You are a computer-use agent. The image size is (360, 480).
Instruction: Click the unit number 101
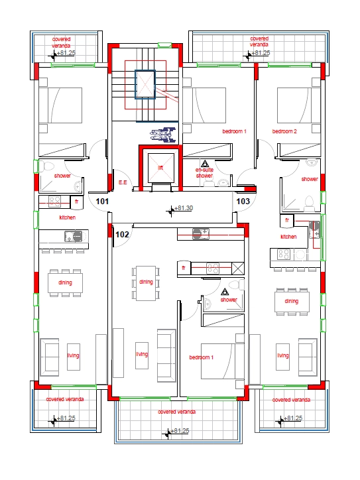pyautogui.click(x=101, y=200)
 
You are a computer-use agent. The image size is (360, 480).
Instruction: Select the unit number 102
pyautogui.click(x=122, y=234)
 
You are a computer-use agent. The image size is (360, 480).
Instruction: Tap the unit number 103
pyautogui.click(x=243, y=200)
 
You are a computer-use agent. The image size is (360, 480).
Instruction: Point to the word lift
pyautogui.click(x=160, y=168)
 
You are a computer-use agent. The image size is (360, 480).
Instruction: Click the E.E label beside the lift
pyautogui.click(x=123, y=182)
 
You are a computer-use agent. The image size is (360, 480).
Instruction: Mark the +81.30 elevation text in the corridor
pyautogui.click(x=183, y=208)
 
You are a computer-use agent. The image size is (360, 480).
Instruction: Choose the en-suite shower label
pyautogui.click(x=204, y=172)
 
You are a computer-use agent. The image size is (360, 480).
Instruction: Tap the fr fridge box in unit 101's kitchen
pyautogui.click(x=77, y=201)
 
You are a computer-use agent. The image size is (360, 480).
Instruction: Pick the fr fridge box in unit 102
pyautogui.click(x=183, y=268)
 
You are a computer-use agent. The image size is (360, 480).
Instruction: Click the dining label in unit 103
pyautogui.click(x=292, y=302)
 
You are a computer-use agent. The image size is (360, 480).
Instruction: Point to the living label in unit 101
pyautogui.click(x=73, y=355)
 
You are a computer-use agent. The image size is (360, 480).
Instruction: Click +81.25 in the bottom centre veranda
pyautogui.click(x=178, y=431)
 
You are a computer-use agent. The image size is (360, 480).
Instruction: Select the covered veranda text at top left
pyautogui.click(x=62, y=42)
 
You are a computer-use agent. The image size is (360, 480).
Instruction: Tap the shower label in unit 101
pyautogui.click(x=62, y=176)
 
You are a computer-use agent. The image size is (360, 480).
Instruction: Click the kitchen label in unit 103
pyautogui.click(x=288, y=237)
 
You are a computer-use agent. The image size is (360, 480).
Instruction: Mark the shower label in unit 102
pyautogui.click(x=229, y=300)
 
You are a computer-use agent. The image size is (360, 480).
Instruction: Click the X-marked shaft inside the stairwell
pyautogui.click(x=145, y=84)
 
